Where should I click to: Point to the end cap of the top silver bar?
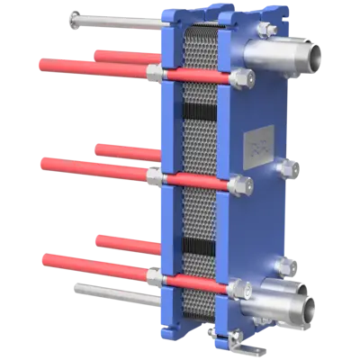[70, 15]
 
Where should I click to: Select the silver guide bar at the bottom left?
[117, 290]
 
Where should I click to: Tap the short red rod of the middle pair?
[126, 150]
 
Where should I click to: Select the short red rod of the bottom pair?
[126, 243]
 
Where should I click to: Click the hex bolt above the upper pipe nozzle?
[265, 29]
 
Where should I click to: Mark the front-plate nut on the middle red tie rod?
[241, 186]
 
